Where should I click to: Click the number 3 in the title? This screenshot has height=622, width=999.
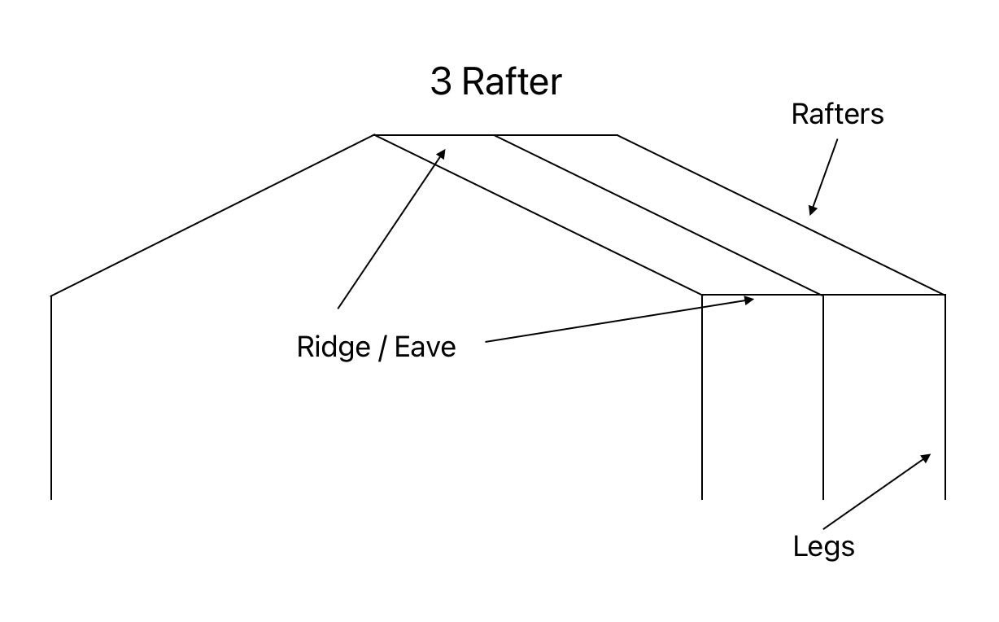point(441,82)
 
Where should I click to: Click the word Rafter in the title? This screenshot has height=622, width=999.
point(512,82)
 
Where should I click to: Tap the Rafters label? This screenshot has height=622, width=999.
point(837,114)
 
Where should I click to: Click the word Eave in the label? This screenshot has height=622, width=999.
point(425,347)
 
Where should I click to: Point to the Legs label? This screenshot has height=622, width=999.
point(823,545)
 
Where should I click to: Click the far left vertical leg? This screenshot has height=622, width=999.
point(51,399)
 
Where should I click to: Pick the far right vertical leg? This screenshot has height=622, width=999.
point(944,399)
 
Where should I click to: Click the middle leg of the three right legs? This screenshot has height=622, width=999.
point(823,399)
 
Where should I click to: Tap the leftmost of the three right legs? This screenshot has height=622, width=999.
point(702,399)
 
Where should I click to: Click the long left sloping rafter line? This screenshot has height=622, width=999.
point(212,216)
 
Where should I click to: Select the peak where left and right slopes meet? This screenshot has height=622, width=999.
point(374,135)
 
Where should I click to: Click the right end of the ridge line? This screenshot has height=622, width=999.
point(617,135)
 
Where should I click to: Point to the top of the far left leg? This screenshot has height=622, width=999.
point(51,296)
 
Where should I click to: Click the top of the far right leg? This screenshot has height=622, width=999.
point(944,296)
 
